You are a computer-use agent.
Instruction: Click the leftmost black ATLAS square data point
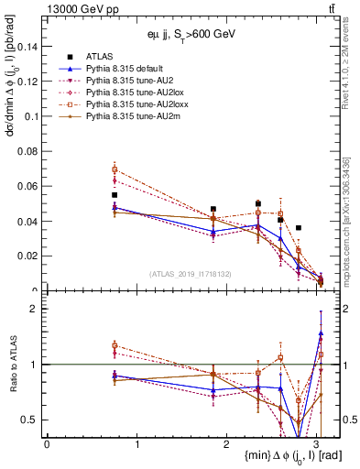(115, 195)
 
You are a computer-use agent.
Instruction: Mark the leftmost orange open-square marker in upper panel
(115, 169)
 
